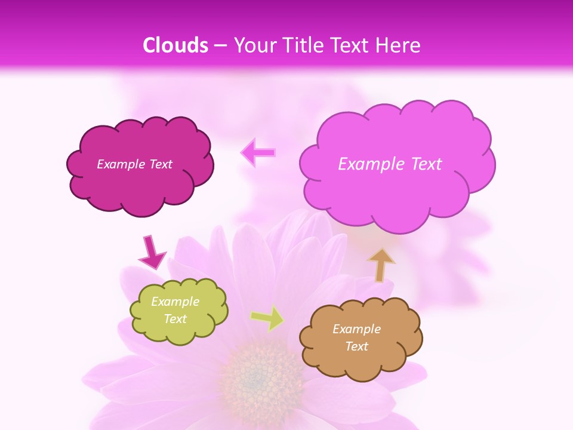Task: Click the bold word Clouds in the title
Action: click(175, 45)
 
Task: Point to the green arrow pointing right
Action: click(268, 318)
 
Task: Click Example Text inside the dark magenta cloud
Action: click(134, 164)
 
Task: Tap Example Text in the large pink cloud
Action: click(390, 164)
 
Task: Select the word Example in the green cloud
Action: click(175, 302)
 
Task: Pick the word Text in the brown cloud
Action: click(356, 346)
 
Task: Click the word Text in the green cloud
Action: click(175, 319)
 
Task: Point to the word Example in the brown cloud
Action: click(356, 329)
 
